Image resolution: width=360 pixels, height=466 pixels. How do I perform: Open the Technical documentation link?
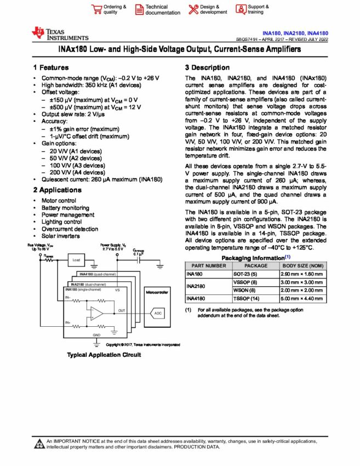162,9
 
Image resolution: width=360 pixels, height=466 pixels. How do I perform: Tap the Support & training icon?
241,9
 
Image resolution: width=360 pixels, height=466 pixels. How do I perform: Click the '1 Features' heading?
50,67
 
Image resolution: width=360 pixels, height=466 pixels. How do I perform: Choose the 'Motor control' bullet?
59,201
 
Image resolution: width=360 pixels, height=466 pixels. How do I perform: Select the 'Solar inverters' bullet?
60,236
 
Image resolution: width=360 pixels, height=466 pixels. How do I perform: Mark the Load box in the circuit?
77,260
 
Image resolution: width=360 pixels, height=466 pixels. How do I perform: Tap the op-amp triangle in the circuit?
96,313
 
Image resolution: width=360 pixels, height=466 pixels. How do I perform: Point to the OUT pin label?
122,311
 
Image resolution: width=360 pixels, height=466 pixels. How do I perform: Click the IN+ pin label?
68,322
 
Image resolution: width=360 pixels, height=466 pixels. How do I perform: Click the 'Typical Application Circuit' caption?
104,355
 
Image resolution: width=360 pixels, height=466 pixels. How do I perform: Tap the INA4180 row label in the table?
197,299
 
